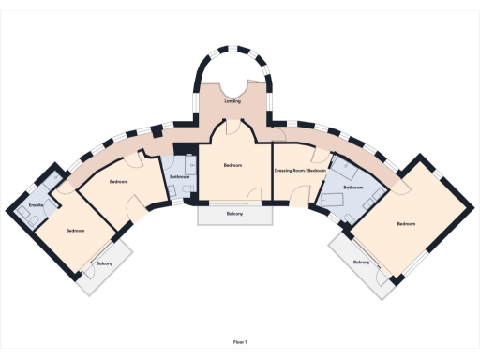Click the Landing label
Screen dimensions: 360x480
point(232,100)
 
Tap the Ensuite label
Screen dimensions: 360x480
point(37,203)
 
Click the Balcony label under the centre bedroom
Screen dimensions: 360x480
point(234,214)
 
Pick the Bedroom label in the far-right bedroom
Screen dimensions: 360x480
point(405,223)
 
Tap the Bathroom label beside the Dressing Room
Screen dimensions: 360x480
point(352,187)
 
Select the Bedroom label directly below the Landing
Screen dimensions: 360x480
point(233,165)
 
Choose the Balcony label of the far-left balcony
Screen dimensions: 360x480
point(104,263)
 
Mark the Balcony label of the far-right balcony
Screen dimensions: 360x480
point(361,262)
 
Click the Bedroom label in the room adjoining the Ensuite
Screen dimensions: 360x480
point(75,230)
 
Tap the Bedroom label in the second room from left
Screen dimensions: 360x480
point(118,181)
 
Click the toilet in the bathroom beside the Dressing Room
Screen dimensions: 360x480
point(341,166)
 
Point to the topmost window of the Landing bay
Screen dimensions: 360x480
point(232,43)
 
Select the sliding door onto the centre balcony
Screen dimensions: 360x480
point(234,202)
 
